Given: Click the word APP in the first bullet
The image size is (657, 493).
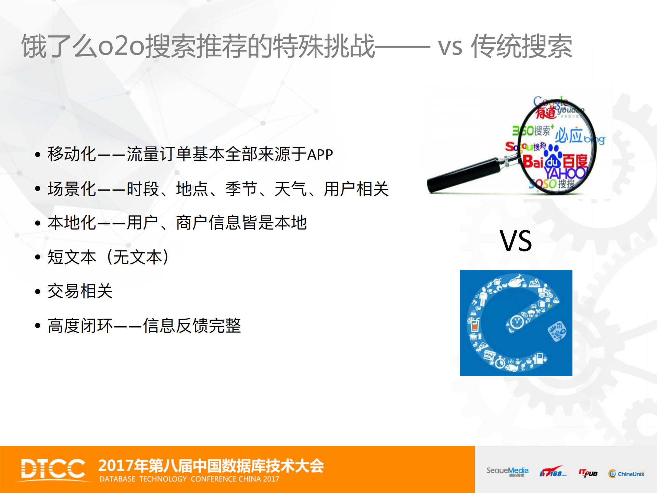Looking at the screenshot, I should (320, 155).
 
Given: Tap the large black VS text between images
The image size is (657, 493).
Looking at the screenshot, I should (516, 241).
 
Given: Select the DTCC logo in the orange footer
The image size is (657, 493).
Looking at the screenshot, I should (53, 469).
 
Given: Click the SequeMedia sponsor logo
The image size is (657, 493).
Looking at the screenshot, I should (507, 471).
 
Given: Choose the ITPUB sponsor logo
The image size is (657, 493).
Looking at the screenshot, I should (588, 473).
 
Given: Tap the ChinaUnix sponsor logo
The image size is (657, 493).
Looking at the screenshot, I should (626, 473).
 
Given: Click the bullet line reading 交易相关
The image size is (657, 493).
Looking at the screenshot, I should (80, 291).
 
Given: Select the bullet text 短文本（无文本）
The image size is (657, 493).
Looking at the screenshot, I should (108, 257).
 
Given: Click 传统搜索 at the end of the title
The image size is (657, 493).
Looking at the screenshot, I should (521, 46).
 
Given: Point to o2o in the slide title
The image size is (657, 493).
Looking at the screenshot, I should (122, 46).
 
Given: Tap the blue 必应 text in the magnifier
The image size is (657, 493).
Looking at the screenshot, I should (569, 135).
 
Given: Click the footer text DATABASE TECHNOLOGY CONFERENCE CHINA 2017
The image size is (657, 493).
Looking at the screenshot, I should (189, 479).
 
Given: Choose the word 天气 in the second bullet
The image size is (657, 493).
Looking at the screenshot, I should (291, 189).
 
